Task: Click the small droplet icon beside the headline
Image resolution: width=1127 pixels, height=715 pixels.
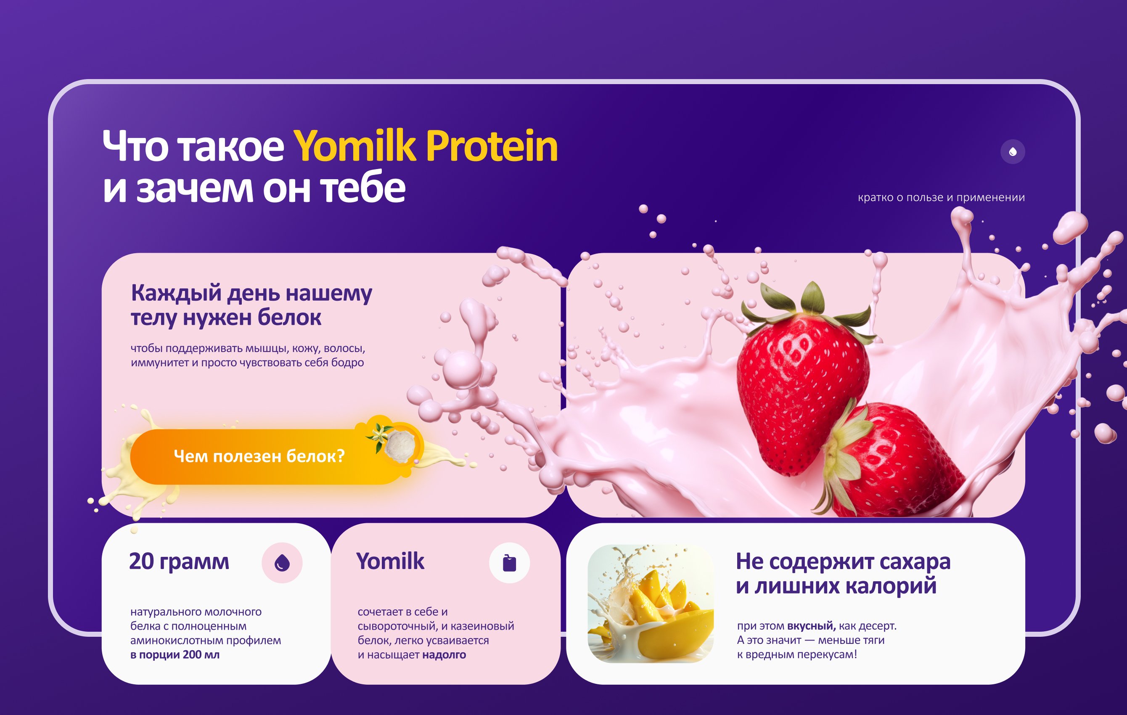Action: coord(1012,152)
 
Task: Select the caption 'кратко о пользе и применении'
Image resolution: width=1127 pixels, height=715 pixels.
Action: coord(941,198)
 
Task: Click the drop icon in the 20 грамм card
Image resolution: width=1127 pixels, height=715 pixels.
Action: coord(282,562)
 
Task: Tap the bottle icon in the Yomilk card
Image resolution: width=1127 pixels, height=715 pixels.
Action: coord(509,562)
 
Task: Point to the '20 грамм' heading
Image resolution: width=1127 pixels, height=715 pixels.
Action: coord(179,561)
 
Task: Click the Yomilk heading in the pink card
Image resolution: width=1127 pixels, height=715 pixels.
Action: coord(390,561)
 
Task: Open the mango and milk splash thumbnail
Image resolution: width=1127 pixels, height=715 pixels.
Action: coord(651,603)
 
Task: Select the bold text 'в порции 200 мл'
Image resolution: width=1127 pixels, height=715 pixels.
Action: coord(175,654)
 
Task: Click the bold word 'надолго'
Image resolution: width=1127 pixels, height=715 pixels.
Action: coord(444,654)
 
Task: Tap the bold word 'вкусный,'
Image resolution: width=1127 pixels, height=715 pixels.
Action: coord(811,625)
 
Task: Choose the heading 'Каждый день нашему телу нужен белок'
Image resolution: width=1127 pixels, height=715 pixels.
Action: coord(251,305)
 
